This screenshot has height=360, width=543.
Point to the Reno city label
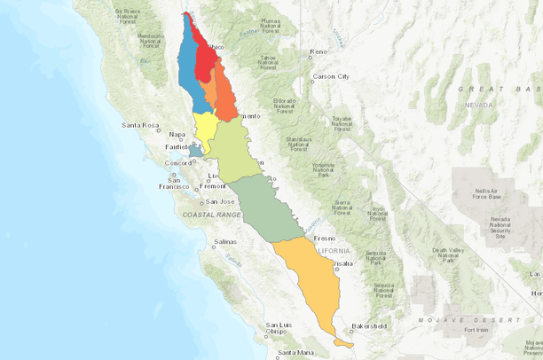319,52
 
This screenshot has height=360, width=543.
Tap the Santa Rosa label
140,125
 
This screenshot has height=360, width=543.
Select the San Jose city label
219,201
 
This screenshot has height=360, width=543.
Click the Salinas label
226,241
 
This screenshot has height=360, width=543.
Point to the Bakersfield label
369,326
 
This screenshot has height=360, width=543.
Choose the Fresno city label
324,239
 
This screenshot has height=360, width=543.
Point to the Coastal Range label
211,215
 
